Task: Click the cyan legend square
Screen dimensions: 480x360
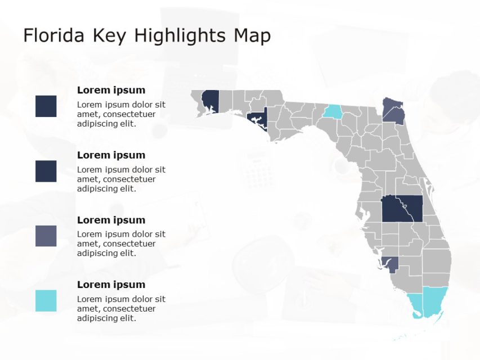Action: (46, 300)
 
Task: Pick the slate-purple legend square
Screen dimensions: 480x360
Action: (46, 236)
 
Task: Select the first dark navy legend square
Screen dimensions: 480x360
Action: (46, 106)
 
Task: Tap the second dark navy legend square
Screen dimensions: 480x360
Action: (46, 171)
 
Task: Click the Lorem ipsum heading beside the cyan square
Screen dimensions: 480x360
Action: (111, 285)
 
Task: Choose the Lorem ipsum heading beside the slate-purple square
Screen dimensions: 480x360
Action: (111, 220)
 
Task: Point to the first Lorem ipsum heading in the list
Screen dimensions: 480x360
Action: (111, 90)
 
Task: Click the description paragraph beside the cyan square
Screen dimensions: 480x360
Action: (121, 309)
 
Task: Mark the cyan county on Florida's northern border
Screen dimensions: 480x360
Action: (333, 112)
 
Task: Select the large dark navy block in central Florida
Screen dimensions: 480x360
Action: (402, 209)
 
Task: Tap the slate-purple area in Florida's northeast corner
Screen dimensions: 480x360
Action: (393, 111)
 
